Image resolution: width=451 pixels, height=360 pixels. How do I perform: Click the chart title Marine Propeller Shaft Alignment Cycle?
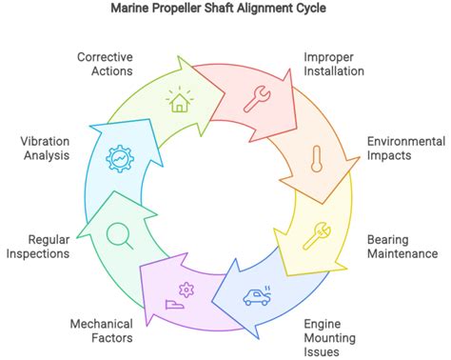coord(225,10)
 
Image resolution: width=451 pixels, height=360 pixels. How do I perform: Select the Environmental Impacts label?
coord(406,150)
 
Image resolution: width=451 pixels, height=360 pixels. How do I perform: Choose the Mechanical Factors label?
coord(101,330)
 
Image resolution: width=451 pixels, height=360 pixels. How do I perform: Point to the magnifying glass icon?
coord(119,232)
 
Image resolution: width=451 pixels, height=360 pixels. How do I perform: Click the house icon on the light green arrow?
coord(178,99)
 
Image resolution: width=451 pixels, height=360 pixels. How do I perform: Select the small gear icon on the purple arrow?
coord(186,288)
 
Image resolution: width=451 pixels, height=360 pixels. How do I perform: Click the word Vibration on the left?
coord(44,141)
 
